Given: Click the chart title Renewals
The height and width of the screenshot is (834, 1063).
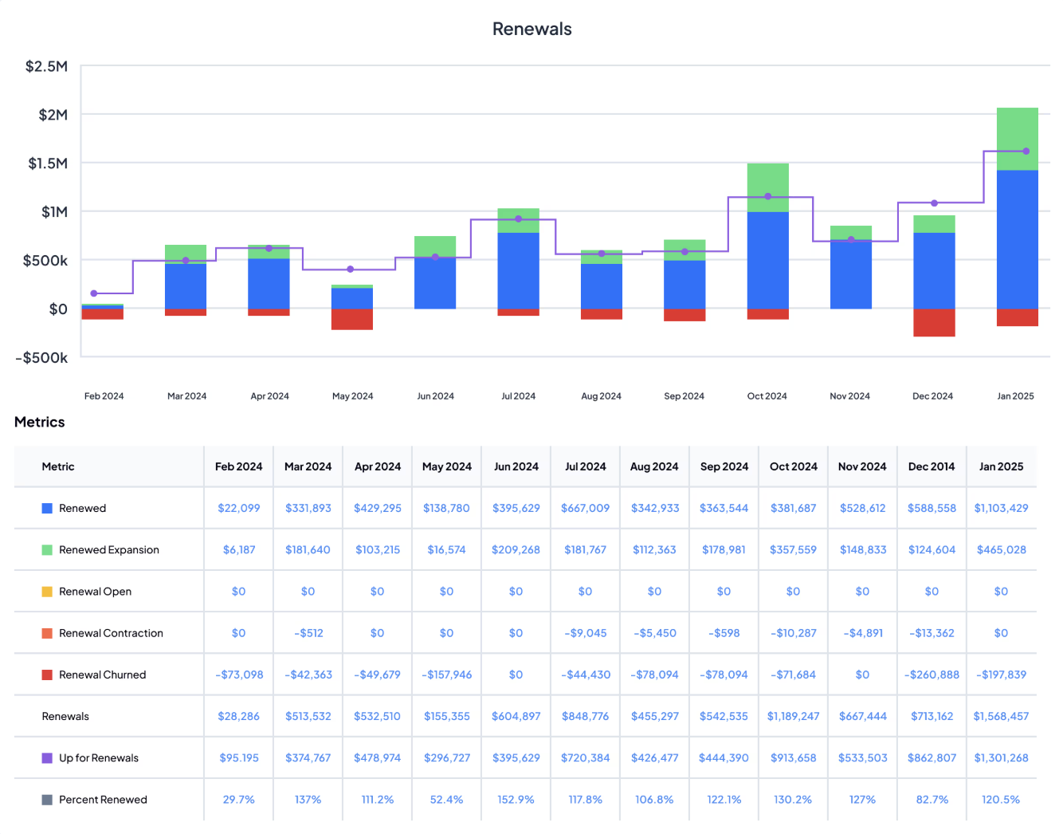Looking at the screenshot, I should [531, 29].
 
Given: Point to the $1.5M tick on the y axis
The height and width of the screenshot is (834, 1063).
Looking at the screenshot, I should [48, 163].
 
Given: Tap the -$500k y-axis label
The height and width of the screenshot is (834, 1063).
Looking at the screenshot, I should [41, 358].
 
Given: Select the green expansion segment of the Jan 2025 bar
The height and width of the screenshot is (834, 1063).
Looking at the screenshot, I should [1017, 139].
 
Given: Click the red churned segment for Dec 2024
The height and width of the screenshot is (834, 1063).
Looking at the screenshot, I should [934, 322].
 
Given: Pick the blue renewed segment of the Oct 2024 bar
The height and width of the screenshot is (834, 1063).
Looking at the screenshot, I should [767, 260].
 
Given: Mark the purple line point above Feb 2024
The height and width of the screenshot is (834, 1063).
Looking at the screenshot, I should [94, 293].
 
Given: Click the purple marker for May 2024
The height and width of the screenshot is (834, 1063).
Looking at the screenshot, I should [351, 269].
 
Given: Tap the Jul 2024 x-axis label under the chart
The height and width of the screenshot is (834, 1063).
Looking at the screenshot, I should [518, 396].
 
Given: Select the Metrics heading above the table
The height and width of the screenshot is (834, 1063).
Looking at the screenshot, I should [40, 423].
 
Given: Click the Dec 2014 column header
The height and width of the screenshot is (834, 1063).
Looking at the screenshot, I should [931, 466].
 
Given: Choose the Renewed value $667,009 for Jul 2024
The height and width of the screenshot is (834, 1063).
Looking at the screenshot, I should [585, 508].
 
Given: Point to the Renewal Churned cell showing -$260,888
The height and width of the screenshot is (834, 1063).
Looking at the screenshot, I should [931, 675].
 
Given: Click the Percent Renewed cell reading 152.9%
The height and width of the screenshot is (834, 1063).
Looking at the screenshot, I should [516, 800].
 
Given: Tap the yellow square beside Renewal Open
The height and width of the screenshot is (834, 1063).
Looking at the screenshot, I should [47, 592].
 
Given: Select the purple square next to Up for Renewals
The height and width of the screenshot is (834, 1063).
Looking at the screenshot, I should [47, 758].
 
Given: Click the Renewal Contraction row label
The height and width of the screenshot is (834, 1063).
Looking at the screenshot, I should [111, 633].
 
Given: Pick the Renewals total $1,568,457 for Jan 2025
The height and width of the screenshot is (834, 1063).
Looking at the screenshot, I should [1001, 716].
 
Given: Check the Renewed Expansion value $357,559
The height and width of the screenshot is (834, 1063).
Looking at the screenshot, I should [793, 549].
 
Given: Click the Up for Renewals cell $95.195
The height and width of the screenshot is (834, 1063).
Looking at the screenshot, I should [239, 758].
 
